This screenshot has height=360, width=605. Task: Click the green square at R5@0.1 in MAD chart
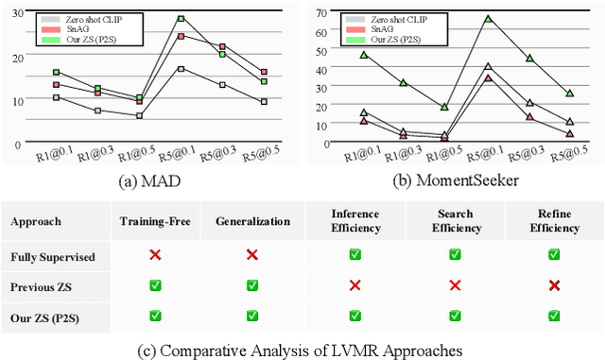[x=180, y=18]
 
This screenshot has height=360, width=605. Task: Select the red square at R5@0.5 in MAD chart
[x=264, y=72]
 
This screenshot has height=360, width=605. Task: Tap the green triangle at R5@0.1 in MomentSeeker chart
[x=488, y=19]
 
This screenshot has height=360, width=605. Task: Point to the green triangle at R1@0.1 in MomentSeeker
[x=364, y=55]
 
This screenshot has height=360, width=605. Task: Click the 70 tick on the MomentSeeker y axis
[x=321, y=12]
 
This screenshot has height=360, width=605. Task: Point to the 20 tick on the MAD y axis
[x=16, y=58]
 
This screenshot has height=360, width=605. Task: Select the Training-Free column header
[x=155, y=222]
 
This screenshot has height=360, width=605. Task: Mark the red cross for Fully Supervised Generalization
[x=251, y=255]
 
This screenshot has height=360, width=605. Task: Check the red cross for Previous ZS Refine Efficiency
[x=554, y=285]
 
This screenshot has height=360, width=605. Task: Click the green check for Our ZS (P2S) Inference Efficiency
[x=355, y=315]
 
